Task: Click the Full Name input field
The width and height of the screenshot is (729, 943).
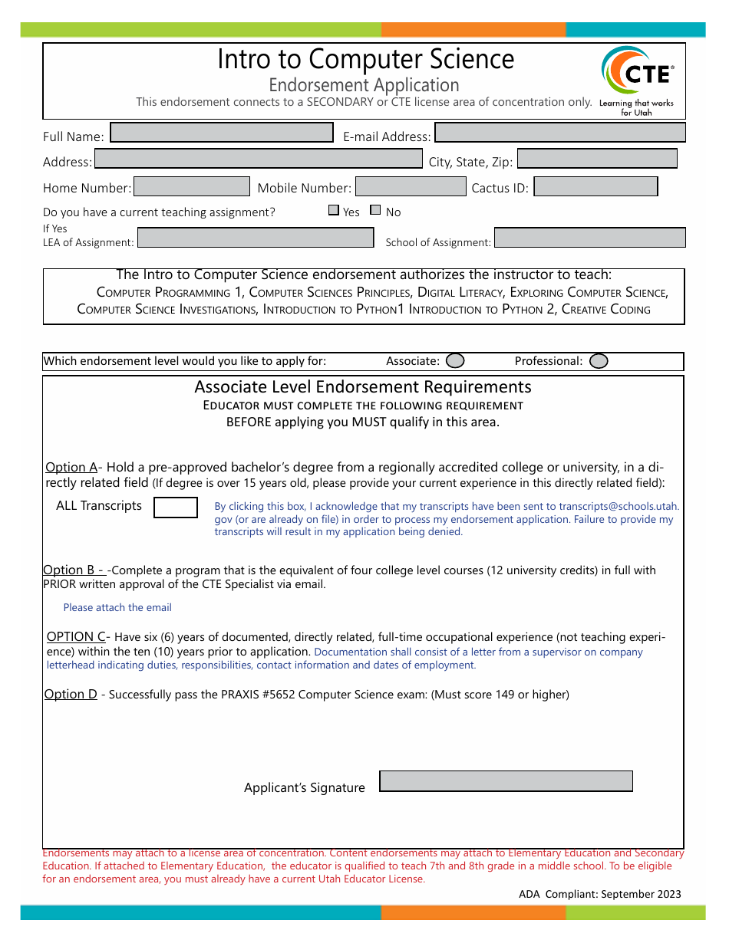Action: coord(222,133)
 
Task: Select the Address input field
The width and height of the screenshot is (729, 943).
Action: coord(258,159)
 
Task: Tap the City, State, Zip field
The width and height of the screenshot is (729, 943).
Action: coord(597,159)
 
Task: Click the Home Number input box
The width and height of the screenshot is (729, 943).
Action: coord(192,186)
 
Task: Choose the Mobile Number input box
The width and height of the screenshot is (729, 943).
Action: coord(411,186)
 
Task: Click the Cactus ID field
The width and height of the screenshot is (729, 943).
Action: coord(595,186)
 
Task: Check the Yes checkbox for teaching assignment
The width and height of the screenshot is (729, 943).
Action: coord(334,210)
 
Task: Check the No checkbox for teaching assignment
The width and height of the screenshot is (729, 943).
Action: coord(375,210)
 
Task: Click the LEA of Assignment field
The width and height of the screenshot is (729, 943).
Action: coord(256,238)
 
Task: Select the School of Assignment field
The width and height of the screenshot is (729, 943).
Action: coord(589,238)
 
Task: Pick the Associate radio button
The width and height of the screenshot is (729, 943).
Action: coord(455,360)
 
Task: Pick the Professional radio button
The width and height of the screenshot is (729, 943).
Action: coord(599,360)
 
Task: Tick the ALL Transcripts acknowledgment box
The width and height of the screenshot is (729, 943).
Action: coord(176,508)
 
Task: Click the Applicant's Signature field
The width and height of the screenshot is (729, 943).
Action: coord(506,781)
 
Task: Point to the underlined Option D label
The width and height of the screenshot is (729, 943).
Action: coord(71,695)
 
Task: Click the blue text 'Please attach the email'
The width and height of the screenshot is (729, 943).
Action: coord(117,608)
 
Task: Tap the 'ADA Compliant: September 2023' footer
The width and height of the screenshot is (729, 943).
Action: coord(599,894)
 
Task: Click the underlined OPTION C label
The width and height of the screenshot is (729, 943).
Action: coord(76,637)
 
